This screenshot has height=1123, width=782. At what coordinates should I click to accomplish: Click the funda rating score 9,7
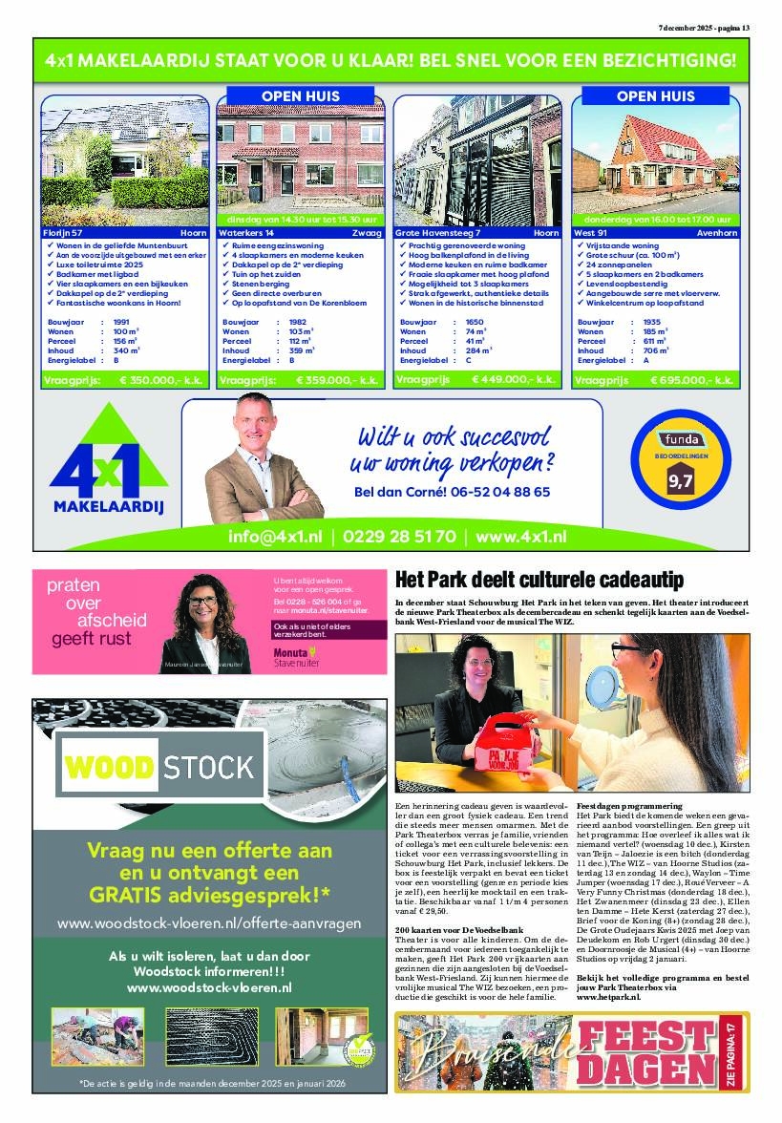pyautogui.click(x=680, y=481)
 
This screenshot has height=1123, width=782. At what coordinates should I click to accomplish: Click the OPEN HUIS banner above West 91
pyautogui.click(x=655, y=96)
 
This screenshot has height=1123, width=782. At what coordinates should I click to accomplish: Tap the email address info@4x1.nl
pyautogui.click(x=274, y=537)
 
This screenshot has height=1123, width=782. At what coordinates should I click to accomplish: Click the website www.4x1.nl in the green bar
pyautogui.click(x=521, y=537)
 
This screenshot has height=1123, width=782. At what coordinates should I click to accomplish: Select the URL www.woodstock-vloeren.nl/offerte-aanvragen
pyautogui.click(x=209, y=923)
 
